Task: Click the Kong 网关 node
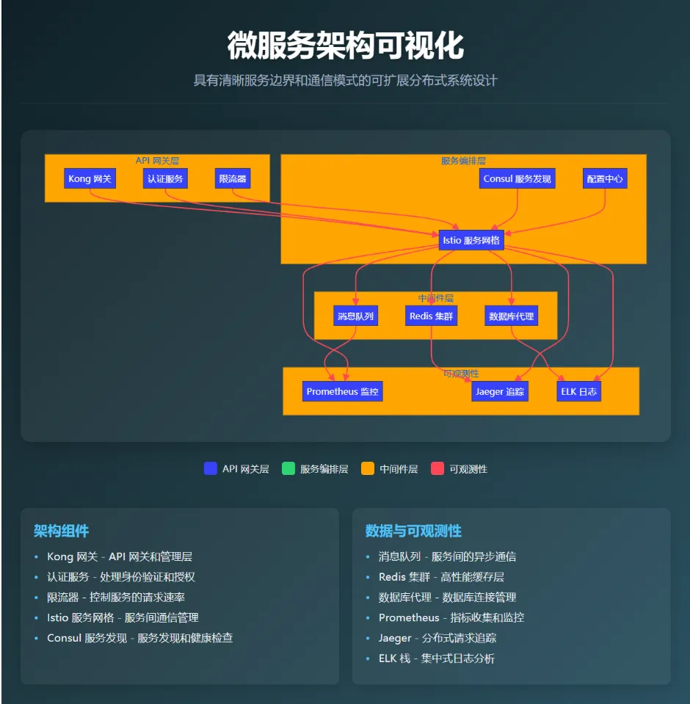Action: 90,178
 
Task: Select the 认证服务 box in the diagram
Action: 165,178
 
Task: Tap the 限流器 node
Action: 233,178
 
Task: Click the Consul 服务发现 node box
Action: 517,178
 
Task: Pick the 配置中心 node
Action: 606,178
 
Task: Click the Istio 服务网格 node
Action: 471,240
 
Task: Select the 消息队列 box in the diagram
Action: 355,316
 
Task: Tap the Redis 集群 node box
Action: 432,316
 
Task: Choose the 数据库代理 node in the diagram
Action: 512,316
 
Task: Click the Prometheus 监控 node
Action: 342,391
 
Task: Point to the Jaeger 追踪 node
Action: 500,391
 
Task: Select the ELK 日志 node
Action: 579,391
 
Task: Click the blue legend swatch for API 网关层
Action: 211,468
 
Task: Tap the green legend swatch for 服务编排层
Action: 288,468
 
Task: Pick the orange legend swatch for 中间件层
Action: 368,468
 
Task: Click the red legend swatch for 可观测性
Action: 437,468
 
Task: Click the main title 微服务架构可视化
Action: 345,46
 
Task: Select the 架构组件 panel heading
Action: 62,531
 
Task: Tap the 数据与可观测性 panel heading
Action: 413,531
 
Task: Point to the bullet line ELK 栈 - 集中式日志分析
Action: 437,658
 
